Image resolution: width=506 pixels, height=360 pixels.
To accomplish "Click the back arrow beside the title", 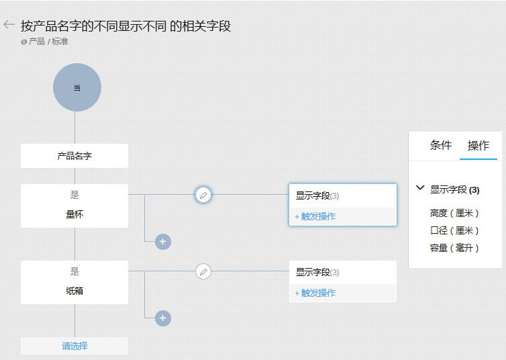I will click(x=9, y=25).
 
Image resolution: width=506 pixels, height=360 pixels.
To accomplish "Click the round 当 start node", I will click(x=77, y=87).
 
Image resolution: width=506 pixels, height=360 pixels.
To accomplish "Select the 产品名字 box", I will click(x=74, y=156).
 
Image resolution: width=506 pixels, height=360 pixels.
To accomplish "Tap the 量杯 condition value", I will click(x=74, y=215).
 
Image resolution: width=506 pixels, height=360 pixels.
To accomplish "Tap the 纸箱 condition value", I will click(x=74, y=291).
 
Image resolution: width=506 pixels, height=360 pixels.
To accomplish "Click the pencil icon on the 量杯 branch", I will click(x=203, y=195).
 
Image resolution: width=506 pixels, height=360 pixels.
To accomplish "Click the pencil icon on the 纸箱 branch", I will click(x=203, y=271).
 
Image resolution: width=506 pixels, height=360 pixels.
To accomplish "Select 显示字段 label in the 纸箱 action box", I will click(x=313, y=272).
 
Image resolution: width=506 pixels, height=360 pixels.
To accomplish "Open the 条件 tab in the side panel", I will click(x=441, y=146).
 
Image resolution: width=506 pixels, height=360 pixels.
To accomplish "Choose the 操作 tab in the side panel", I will click(x=478, y=146).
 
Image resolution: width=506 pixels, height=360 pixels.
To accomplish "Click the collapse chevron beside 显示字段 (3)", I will click(x=420, y=189).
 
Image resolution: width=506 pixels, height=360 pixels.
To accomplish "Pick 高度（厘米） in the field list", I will click(x=455, y=213).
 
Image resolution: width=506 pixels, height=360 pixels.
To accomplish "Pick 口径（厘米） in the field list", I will click(x=455, y=230).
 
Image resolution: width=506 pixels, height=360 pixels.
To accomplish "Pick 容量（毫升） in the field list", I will click(x=455, y=248).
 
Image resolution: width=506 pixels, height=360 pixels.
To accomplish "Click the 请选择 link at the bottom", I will click(x=74, y=346).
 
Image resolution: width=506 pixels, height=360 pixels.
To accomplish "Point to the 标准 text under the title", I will click(x=60, y=42).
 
